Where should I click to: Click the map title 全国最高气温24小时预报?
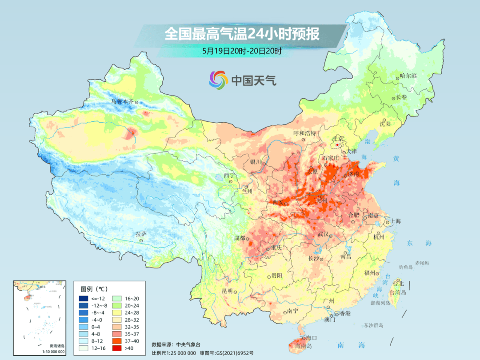242,34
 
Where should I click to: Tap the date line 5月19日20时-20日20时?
242,51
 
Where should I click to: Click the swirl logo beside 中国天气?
218,80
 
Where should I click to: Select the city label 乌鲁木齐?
122,101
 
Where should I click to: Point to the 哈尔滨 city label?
408,76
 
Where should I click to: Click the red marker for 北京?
338,145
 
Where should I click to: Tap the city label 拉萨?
141,234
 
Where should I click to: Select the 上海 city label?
395,221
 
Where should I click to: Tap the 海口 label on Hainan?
311,338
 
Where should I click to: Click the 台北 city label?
398,283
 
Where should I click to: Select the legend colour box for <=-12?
84,298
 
